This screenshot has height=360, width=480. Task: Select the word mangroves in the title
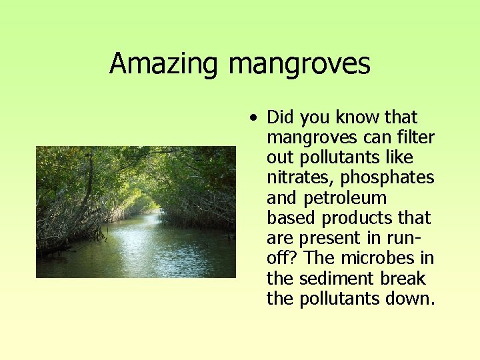299,64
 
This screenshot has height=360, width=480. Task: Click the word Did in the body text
281,118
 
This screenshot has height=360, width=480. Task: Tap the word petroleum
345,198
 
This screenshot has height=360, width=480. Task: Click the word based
291,218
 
